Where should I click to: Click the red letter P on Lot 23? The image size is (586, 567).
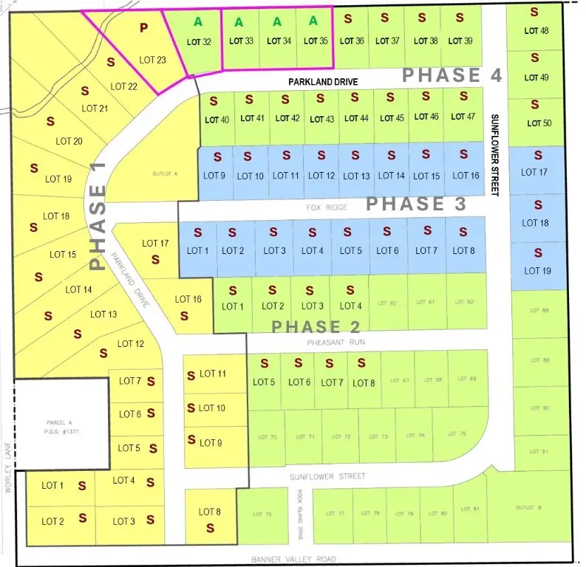144,27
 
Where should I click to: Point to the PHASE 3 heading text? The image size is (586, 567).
416,204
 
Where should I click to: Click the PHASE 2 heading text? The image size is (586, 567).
316,327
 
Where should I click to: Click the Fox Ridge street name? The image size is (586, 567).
327,208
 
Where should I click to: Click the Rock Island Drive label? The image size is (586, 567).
301,505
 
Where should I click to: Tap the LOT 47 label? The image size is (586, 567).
463,117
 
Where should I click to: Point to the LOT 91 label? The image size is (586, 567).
540,451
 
